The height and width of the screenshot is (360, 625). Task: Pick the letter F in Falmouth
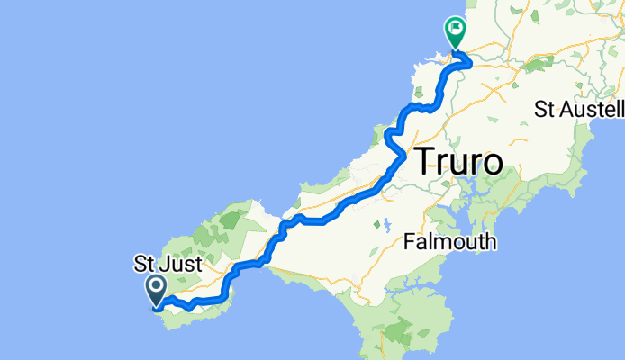409,243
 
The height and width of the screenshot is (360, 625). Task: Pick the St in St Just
142,266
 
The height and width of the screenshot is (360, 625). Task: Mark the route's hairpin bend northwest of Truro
388,137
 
